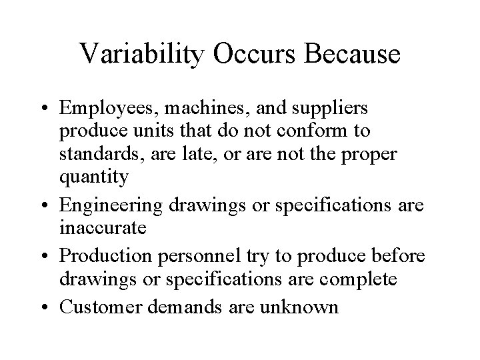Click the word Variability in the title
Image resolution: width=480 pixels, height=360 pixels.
point(139,54)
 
